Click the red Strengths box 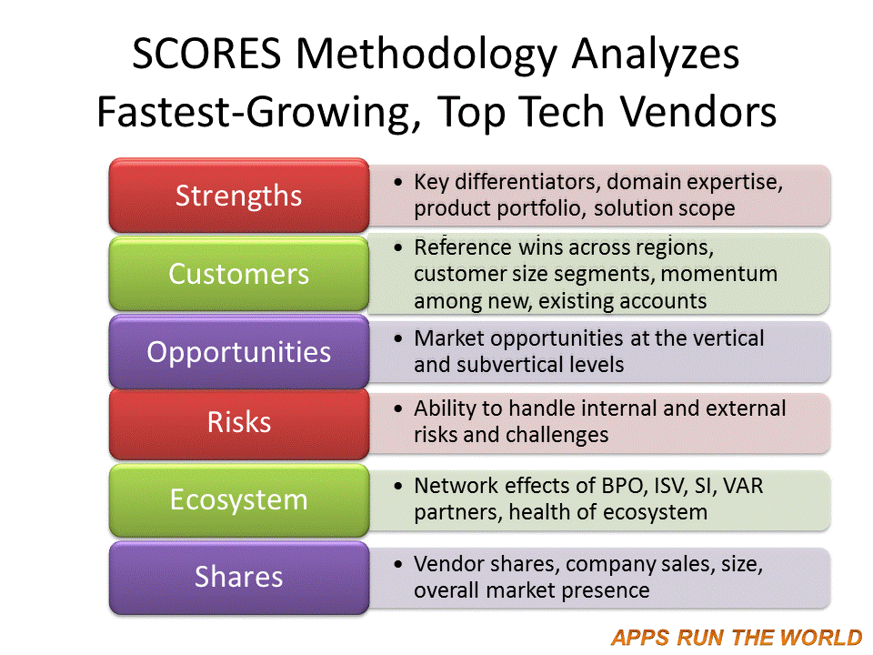coord(239,196)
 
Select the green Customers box coord(239,274)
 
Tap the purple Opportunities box coord(239,352)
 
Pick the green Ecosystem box coord(239,500)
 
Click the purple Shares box coord(239,578)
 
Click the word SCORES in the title coord(206,54)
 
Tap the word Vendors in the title coord(698,111)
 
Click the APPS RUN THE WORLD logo coord(736,637)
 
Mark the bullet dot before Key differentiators coord(397,182)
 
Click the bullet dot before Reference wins coord(397,247)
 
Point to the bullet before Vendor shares coord(397,564)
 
